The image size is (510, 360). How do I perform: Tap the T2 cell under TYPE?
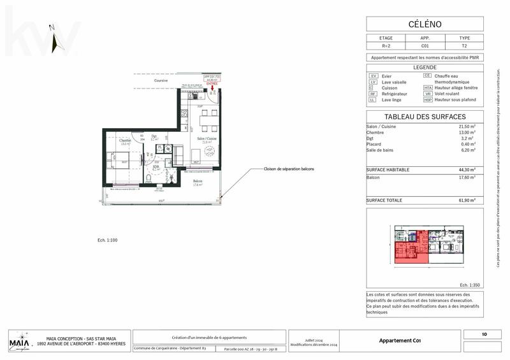tap(464, 47)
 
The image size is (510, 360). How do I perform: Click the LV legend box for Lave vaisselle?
tap(374, 82)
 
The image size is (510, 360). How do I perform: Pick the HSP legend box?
tap(428, 100)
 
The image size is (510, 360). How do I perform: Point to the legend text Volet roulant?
tap(447, 94)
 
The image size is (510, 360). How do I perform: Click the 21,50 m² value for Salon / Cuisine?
tap(467, 126)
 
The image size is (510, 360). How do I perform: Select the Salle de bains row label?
tap(382, 150)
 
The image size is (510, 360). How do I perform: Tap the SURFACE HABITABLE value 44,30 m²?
tap(467, 169)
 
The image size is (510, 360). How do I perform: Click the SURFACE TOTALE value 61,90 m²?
tap(467, 200)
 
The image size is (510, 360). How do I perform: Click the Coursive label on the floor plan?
tap(161, 81)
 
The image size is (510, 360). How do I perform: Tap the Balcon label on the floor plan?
tap(198, 182)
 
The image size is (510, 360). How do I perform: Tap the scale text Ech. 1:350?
tap(470, 285)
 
